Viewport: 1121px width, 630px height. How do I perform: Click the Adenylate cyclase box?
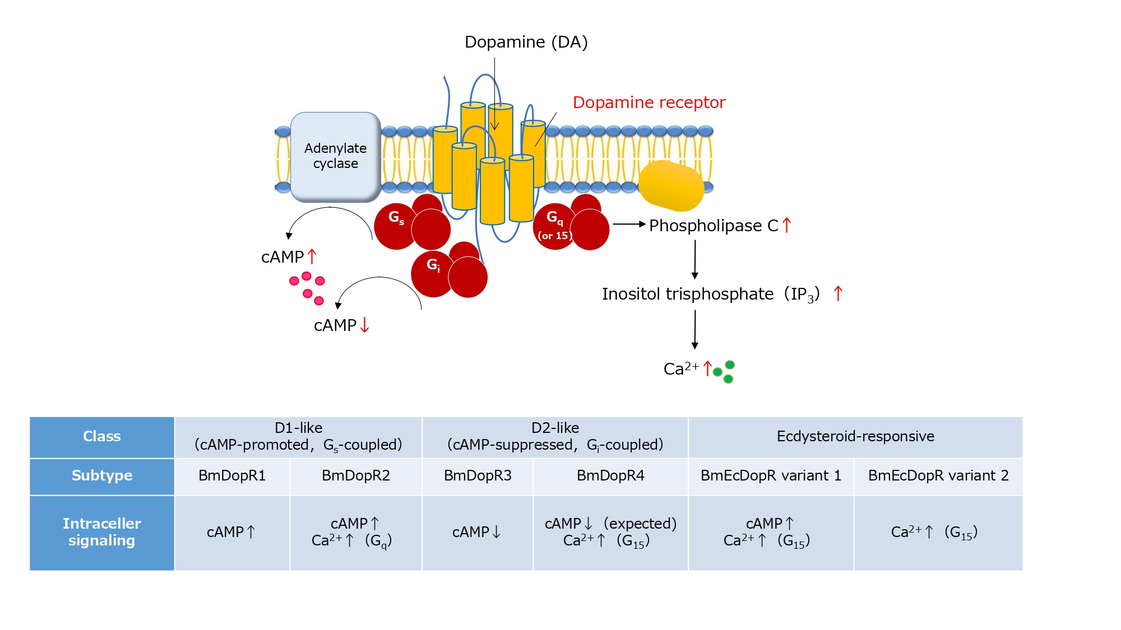(x=335, y=156)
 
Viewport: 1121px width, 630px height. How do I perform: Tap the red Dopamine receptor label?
(x=648, y=102)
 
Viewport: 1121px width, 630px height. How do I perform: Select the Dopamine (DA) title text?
(x=526, y=42)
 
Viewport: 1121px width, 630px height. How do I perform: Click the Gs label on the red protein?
(x=396, y=217)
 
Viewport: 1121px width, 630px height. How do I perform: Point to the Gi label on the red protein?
(x=433, y=265)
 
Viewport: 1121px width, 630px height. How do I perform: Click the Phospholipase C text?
(x=713, y=226)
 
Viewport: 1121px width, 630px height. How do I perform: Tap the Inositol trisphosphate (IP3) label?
(x=710, y=295)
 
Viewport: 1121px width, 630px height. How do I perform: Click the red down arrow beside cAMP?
(x=365, y=325)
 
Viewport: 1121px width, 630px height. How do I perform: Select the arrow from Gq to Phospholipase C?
(x=629, y=224)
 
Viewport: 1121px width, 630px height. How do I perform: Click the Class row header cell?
(x=102, y=437)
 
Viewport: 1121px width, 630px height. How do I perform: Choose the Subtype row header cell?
(x=102, y=476)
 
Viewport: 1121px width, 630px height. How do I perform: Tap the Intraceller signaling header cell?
(x=102, y=532)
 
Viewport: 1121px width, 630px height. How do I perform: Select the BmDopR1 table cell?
(x=232, y=476)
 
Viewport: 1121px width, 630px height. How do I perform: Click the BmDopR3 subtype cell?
(x=478, y=476)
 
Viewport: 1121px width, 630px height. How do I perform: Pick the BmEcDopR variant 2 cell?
(x=938, y=476)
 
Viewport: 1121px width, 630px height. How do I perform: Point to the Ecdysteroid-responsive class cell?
(x=855, y=437)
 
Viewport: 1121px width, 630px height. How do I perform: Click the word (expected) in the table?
(x=640, y=524)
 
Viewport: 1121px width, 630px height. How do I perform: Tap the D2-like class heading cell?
(x=555, y=437)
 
